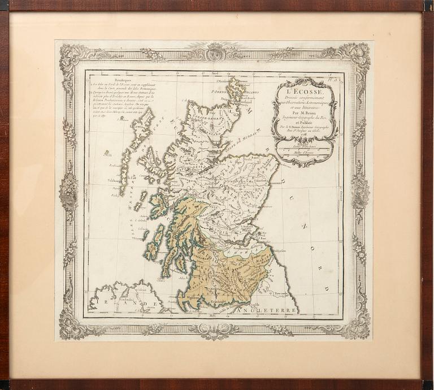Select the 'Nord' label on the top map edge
click(x=215, y=74)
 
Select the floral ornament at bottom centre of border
click(x=215, y=330)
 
